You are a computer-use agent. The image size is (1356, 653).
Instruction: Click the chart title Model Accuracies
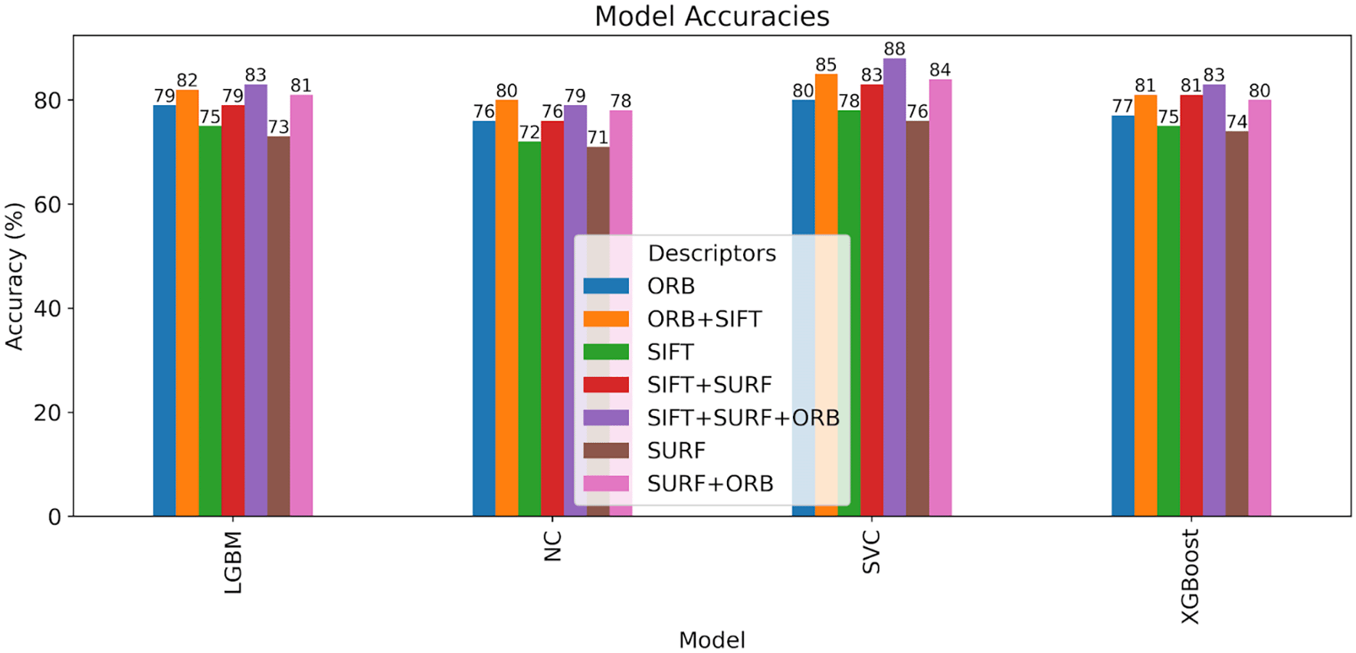point(712,16)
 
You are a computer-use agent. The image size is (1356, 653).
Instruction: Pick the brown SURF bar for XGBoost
point(1236,322)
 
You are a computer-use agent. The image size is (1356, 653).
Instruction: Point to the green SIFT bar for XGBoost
point(1168,322)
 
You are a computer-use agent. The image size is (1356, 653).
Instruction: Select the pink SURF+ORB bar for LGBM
point(301,307)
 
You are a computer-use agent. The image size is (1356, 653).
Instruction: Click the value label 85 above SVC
point(826,65)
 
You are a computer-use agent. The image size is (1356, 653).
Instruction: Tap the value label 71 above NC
point(598,137)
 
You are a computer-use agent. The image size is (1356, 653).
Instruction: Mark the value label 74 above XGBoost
point(1236,122)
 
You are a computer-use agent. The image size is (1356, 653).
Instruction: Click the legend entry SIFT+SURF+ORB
point(742,418)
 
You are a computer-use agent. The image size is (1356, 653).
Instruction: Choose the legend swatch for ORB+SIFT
point(606,319)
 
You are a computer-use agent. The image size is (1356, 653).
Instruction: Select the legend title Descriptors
point(712,253)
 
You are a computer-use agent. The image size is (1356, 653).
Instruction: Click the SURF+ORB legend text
point(709,484)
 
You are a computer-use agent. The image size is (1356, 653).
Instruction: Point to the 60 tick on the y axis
point(47,205)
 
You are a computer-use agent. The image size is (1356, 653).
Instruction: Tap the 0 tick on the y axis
point(54,517)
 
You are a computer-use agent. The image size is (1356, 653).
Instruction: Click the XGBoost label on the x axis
point(1190,576)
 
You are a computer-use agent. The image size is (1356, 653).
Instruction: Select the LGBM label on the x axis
point(233,563)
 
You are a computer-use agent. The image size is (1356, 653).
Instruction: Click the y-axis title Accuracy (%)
point(15,276)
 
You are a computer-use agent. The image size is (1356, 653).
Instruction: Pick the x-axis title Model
point(712,640)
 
